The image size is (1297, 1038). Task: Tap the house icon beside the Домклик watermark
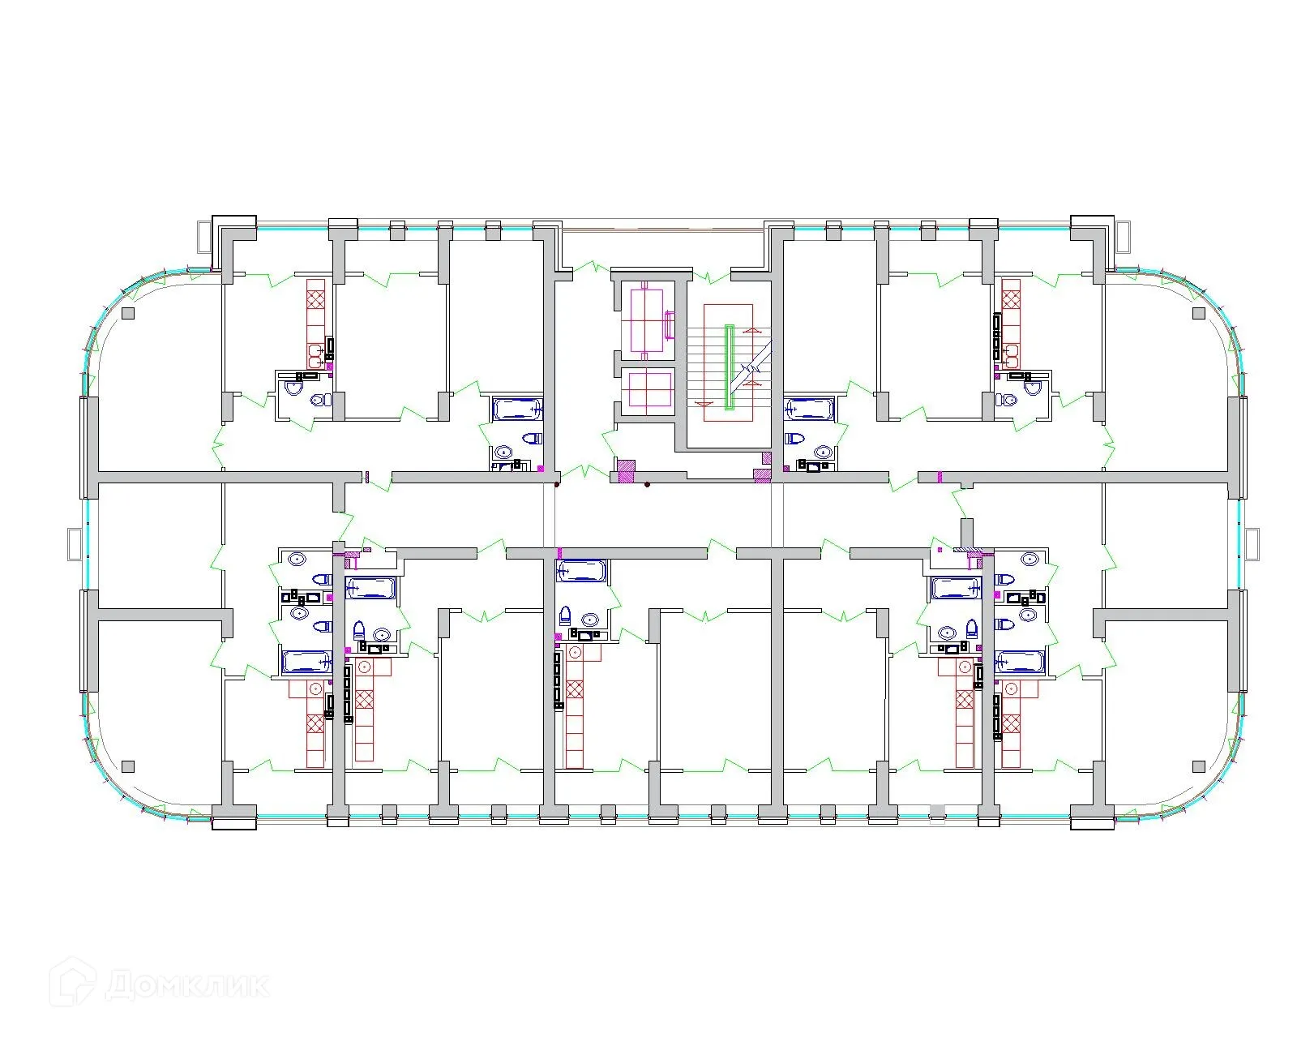click(77, 983)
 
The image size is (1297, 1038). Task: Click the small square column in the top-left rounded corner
click(127, 313)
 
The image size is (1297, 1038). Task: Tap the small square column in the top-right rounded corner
click(1199, 313)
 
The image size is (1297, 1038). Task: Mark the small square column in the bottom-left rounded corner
click(127, 766)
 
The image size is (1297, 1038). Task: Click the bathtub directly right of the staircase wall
click(807, 409)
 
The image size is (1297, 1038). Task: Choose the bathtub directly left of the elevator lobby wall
click(516, 409)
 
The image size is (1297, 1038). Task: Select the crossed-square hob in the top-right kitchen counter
click(1011, 298)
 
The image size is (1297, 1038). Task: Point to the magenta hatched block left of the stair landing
click(625, 471)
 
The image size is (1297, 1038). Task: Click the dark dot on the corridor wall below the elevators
click(646, 486)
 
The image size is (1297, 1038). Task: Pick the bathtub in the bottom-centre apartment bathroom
click(580, 572)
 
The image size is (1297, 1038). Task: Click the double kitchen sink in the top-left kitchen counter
click(315, 353)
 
